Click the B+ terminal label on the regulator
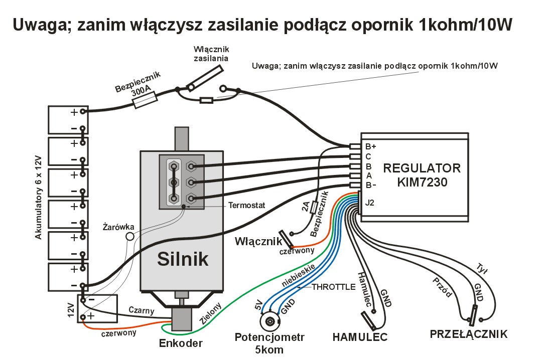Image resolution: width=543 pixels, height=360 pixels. (x=371, y=147)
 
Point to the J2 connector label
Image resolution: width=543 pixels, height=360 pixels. (x=370, y=203)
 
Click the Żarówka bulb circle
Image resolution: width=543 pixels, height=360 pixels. (x=130, y=236)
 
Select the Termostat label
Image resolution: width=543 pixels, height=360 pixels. (x=247, y=205)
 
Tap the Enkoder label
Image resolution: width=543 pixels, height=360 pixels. (x=181, y=343)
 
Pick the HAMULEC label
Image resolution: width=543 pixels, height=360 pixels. (x=360, y=337)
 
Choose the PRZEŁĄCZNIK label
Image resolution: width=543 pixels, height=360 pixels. (x=468, y=334)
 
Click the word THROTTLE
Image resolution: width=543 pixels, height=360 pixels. (x=333, y=287)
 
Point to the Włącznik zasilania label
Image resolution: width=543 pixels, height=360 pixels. (x=211, y=54)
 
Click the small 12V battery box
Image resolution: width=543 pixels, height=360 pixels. (x=97, y=308)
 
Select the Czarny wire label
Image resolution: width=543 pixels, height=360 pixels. (x=141, y=310)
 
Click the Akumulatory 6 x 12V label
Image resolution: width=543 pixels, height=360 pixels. (x=39, y=196)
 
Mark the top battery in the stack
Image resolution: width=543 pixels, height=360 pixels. (x=68, y=119)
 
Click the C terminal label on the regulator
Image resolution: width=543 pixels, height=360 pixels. (x=368, y=156)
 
